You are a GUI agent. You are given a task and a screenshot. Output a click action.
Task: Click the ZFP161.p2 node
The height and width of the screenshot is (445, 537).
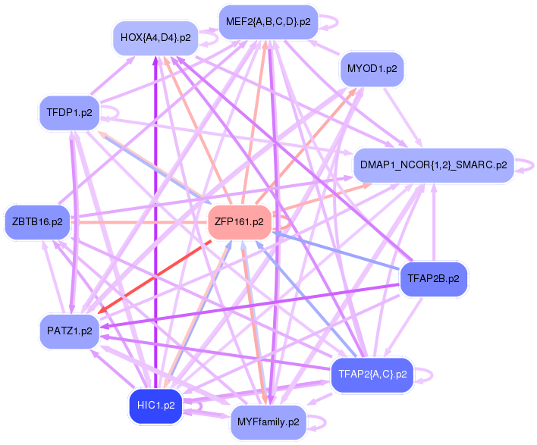pos(240,222)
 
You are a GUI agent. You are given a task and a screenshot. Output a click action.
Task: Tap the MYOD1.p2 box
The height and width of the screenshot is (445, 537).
pos(372,69)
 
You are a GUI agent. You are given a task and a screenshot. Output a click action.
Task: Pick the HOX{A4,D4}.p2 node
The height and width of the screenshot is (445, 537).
pos(155,36)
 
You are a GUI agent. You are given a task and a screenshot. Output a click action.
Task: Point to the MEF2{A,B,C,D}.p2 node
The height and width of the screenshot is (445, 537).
pos(267,22)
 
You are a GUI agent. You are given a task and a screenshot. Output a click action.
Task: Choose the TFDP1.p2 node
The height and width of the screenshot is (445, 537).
pos(69,113)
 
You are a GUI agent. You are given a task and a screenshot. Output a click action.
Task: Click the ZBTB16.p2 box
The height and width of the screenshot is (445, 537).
pos(37,222)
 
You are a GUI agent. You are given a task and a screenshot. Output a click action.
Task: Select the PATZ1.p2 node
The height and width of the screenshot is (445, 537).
pos(69,331)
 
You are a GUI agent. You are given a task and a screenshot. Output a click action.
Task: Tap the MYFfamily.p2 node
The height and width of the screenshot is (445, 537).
pos(268,421)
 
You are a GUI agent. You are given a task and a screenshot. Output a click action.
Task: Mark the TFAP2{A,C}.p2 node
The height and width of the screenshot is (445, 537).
pos(372,374)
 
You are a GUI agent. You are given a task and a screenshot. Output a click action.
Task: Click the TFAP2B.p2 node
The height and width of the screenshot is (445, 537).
pos(433,278)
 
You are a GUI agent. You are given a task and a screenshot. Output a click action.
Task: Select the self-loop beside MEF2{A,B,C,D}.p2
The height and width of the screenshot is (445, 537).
pos(328,23)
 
